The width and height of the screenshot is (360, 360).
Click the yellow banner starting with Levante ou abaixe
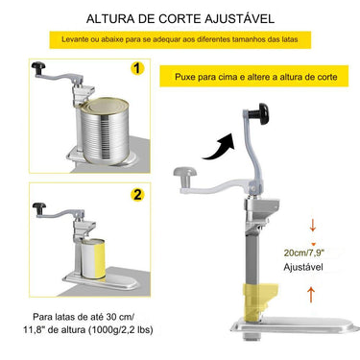pos(179,40)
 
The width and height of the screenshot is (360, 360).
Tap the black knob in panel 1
pos(40,66)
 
